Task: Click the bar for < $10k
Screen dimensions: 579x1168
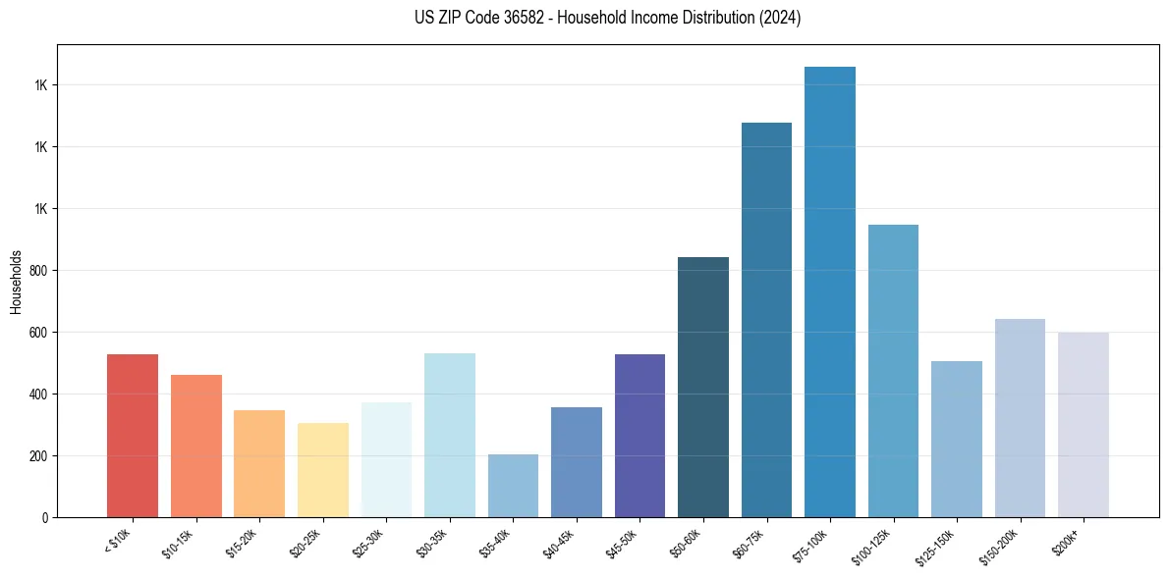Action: [133, 436]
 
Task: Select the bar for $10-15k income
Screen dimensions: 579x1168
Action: [196, 447]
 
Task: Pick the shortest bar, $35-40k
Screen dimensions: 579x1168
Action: [513, 486]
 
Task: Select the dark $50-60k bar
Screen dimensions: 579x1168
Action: [703, 388]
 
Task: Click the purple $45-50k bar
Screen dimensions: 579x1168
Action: [640, 436]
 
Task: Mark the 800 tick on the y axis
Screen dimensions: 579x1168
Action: [40, 271]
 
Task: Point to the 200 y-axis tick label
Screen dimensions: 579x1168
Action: [40, 456]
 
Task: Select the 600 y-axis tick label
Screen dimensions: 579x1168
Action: [40, 333]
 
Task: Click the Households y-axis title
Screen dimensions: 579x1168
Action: [16, 281]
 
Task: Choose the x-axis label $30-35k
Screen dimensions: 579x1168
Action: [437, 544]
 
